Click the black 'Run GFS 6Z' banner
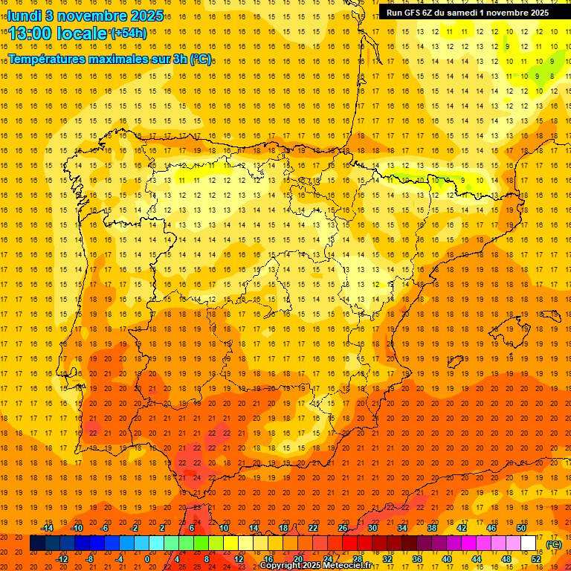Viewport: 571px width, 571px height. (468, 12)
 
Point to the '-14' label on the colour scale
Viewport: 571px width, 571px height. (48, 528)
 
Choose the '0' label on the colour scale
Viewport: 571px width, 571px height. (147, 558)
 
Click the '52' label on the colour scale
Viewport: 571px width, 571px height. (536, 558)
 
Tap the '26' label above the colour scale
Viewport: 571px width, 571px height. (343, 528)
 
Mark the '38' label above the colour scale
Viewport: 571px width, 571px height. (431, 528)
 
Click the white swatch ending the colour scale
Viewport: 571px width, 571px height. (528, 543)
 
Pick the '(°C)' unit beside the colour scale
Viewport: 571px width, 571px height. (554, 544)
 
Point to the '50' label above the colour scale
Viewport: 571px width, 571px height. (520, 528)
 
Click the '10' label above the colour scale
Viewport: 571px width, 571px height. (223, 528)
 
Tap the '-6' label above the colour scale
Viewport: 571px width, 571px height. (105, 528)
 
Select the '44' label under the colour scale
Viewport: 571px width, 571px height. (477, 558)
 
